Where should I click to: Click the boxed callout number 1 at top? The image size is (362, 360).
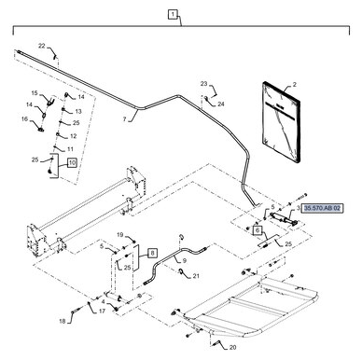[x=173, y=15]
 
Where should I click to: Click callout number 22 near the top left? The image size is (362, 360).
[x=41, y=46]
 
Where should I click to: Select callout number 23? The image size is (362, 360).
[x=203, y=85]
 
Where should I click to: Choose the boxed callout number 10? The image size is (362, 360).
[x=73, y=162]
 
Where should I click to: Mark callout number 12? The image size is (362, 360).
[x=74, y=135]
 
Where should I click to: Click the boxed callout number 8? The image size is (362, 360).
[x=153, y=253]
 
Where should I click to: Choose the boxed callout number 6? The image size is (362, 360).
[x=258, y=229]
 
